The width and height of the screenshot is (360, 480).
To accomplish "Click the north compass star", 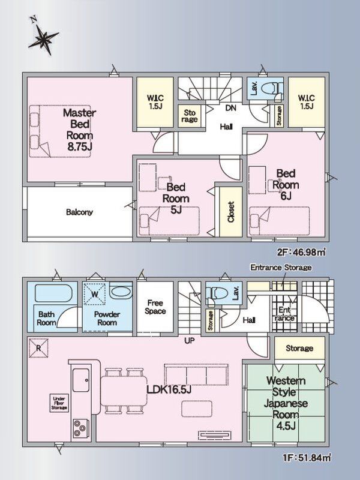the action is [x=44, y=38].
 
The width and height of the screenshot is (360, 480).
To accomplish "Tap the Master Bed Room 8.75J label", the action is [x=79, y=130].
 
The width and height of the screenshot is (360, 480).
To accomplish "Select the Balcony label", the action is [x=79, y=212].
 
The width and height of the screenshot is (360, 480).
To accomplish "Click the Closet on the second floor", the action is [x=231, y=212].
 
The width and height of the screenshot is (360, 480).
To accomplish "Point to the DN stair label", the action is [x=230, y=108].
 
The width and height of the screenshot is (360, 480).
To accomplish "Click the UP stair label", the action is [x=190, y=340].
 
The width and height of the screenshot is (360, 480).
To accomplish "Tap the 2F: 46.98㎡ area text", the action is [x=301, y=252].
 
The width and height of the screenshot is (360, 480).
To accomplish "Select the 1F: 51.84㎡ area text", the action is [x=307, y=458].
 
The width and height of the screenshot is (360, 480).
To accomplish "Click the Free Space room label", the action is [x=155, y=307].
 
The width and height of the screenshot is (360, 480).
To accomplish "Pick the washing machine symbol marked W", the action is [x=95, y=294].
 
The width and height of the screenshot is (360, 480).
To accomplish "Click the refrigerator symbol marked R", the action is [x=38, y=348].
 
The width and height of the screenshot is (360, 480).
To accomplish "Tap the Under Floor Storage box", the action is [x=59, y=403].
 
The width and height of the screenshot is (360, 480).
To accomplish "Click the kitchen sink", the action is [x=81, y=380].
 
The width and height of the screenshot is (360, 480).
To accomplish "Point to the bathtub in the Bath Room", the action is [x=53, y=293].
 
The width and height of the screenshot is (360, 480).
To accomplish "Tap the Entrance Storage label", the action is [x=281, y=267].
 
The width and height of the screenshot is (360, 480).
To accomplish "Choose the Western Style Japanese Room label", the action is [x=286, y=403].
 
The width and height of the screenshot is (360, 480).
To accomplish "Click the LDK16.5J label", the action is [x=169, y=389].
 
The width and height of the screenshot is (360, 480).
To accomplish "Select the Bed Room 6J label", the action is [x=286, y=185].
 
